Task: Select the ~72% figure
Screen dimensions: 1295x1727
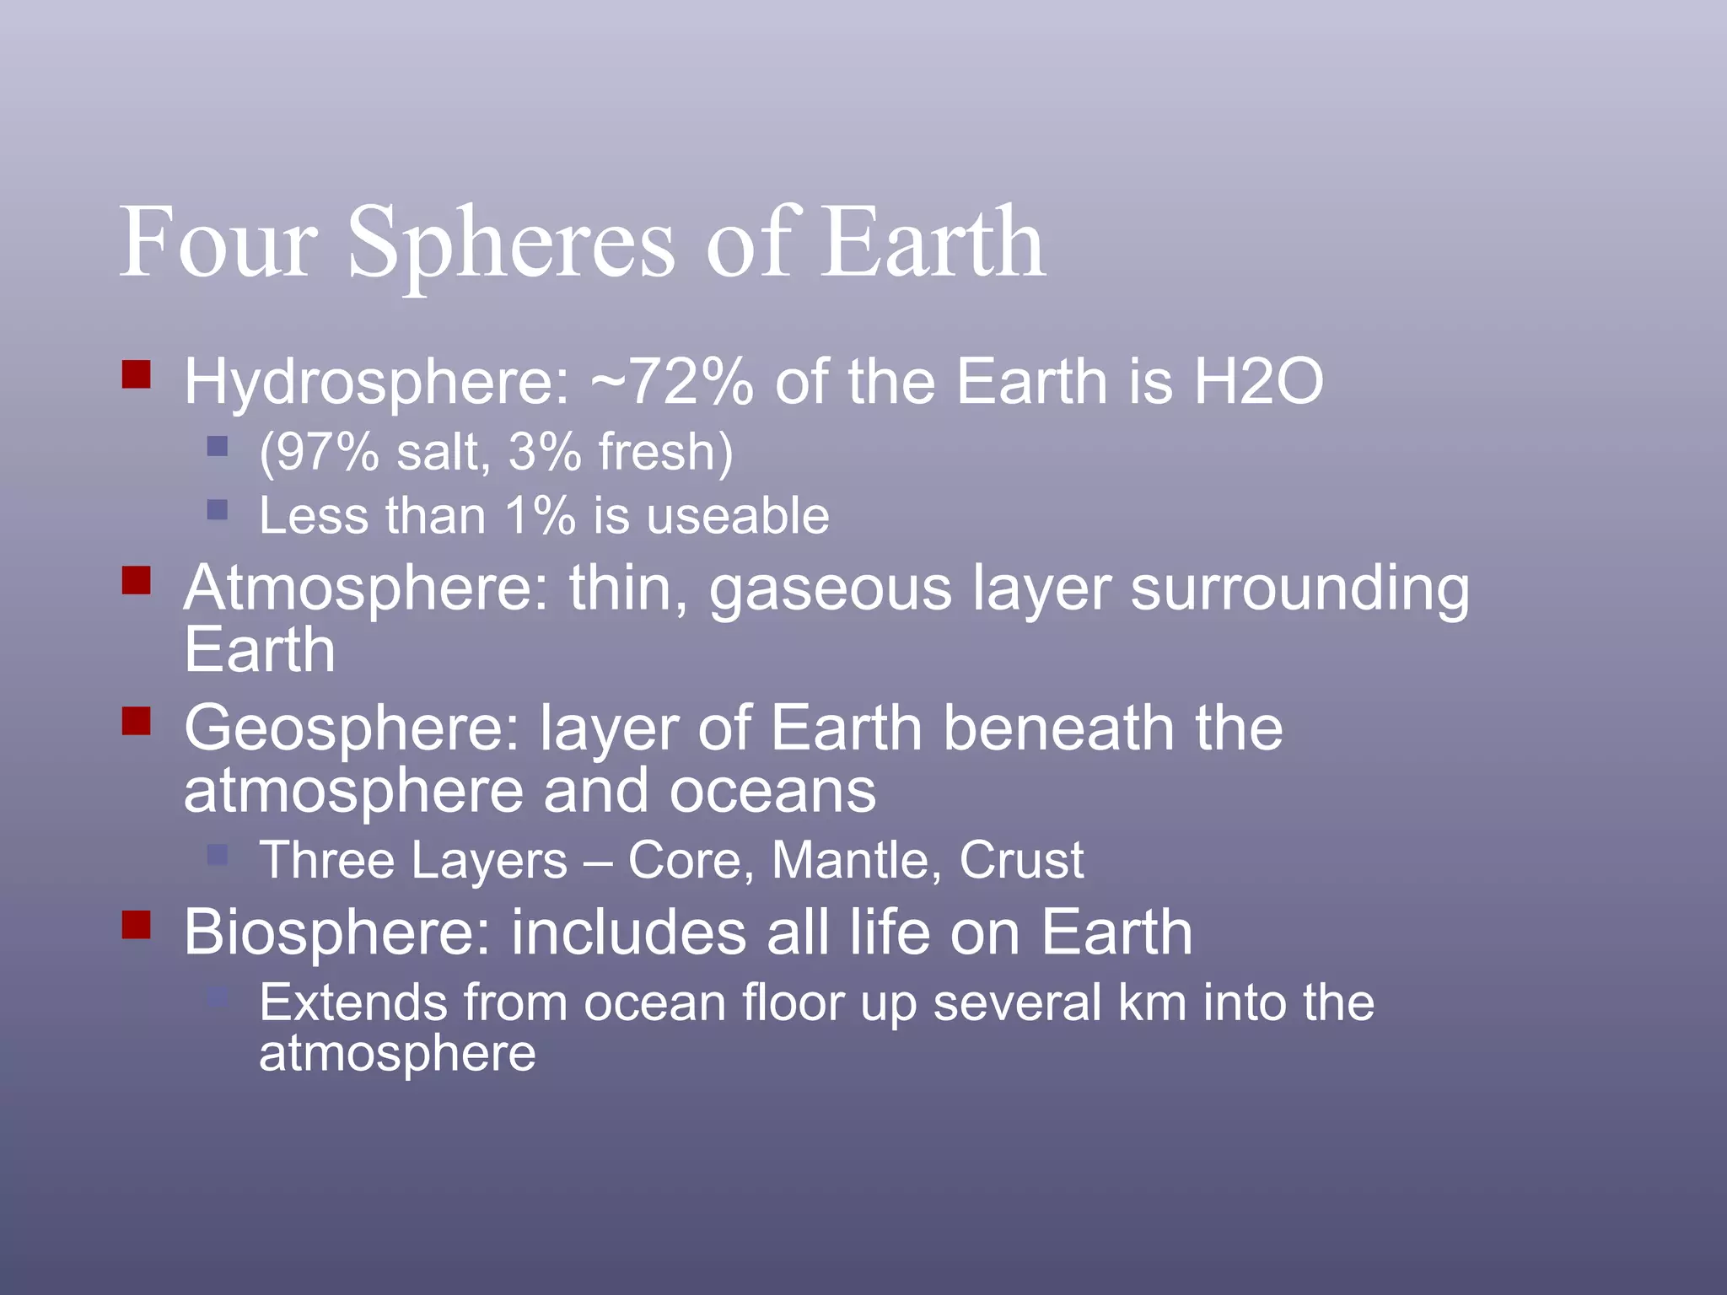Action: coord(671,382)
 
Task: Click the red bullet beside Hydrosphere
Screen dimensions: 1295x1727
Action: coord(136,373)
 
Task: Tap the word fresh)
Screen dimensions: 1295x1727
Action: coord(665,452)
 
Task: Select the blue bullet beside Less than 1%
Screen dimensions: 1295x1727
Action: coord(218,509)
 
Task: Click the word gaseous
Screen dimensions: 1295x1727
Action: coord(830,588)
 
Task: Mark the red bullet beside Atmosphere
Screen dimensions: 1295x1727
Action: coord(136,580)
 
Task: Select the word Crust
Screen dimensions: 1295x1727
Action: coord(1020,860)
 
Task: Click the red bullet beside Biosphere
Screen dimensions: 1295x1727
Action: coord(136,924)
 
